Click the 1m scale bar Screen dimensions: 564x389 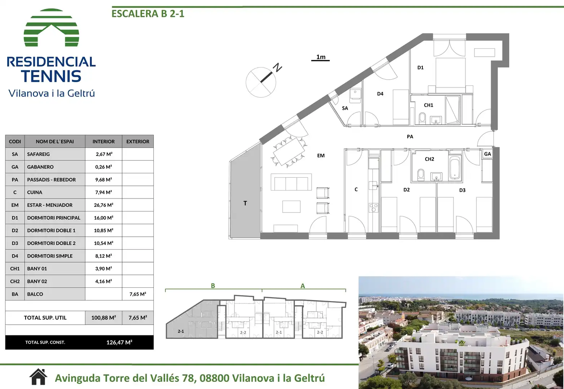tap(320, 61)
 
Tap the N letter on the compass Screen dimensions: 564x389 tap(278, 67)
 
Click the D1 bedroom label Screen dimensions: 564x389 tap(421, 67)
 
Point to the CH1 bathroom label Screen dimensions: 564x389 tap(429, 105)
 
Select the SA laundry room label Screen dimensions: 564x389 tap(345, 108)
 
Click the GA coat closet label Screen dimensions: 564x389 tap(487, 154)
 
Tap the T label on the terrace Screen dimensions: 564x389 tap(245, 203)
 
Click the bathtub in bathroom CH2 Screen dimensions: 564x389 tap(455, 168)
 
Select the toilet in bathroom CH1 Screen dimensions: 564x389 tap(422, 119)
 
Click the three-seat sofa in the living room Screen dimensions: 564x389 tap(291, 182)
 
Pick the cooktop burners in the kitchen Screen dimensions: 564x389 tap(373, 208)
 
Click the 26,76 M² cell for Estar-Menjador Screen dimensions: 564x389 tap(103, 205)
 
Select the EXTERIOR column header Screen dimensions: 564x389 tap(138, 142)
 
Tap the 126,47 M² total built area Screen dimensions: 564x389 tap(119, 342)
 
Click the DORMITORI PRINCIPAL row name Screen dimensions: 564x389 tap(54, 218)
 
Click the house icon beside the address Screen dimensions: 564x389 tap(38, 377)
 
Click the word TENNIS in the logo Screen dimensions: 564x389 tap(51, 76)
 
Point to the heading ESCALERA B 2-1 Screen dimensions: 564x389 tap(148, 14)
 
